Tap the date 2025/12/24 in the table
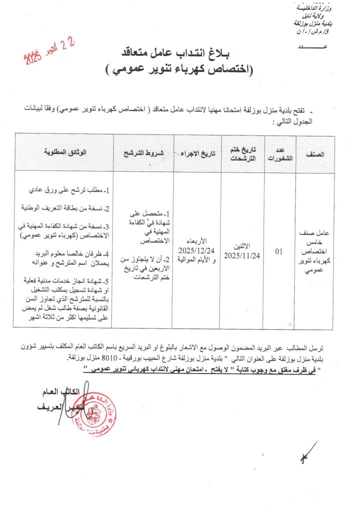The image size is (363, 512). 198,249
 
